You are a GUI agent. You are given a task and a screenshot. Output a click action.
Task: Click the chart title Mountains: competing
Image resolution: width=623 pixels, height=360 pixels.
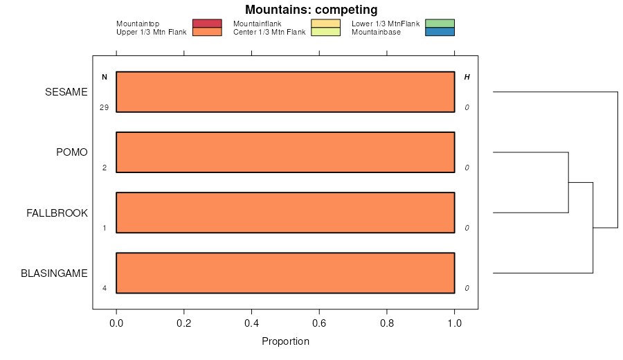click(x=311, y=10)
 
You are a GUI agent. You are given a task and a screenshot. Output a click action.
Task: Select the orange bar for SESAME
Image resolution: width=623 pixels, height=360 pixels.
click(x=285, y=92)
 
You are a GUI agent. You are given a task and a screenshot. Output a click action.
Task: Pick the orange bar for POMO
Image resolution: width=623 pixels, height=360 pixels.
click(x=285, y=152)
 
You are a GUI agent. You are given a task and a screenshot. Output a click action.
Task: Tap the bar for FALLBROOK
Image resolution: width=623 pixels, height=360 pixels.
click(x=285, y=213)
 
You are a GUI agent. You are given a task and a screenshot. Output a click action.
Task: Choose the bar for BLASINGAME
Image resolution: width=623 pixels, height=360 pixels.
click(x=285, y=273)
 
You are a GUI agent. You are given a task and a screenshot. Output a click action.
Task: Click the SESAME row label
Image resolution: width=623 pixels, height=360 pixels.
click(x=66, y=92)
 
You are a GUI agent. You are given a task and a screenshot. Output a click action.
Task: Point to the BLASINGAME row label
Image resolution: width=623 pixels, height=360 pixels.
click(x=54, y=273)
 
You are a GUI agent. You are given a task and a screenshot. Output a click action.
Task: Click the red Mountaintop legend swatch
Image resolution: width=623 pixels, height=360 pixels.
click(x=207, y=24)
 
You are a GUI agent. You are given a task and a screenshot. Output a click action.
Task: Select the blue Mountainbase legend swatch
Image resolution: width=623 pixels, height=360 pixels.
click(x=440, y=32)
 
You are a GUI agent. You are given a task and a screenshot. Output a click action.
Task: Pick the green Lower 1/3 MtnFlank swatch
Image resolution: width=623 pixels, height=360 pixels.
click(x=440, y=24)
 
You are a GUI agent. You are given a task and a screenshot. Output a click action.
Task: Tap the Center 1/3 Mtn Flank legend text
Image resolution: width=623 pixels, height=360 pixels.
click(x=269, y=32)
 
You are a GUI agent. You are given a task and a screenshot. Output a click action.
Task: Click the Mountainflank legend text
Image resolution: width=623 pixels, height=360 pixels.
click(x=258, y=24)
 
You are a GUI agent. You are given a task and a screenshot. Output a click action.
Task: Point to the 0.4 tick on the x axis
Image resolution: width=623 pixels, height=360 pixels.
click(x=251, y=323)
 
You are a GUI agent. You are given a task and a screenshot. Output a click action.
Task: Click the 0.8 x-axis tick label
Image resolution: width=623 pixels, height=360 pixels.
click(x=387, y=323)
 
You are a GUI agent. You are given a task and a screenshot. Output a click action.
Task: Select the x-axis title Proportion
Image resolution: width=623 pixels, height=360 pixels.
click(x=285, y=341)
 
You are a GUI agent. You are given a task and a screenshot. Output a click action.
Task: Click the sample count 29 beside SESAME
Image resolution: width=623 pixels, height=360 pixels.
click(x=104, y=108)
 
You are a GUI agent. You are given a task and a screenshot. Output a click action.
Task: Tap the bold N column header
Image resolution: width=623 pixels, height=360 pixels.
click(x=105, y=77)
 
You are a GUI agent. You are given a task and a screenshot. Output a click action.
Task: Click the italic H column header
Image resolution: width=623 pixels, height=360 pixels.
click(x=467, y=77)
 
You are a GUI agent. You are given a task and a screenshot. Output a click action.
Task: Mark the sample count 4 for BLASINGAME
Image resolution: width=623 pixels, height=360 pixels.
click(x=104, y=288)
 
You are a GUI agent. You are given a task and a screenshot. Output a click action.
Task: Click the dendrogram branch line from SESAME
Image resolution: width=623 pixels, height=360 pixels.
click(x=554, y=92)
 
